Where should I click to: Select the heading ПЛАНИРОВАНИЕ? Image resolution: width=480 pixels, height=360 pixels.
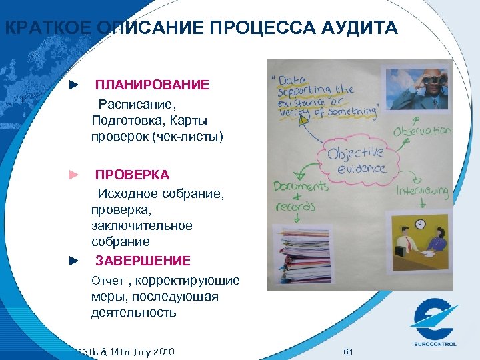152,85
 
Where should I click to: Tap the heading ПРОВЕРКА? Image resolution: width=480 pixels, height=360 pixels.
132,175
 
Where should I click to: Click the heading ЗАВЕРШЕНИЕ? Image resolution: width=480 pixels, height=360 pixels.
143,261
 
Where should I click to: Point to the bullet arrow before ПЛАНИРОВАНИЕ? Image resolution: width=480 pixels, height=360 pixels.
75,85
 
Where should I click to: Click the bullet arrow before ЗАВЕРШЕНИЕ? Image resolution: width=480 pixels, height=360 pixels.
75,261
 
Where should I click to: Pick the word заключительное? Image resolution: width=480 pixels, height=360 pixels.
142,226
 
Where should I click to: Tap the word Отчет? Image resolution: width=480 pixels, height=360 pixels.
107,281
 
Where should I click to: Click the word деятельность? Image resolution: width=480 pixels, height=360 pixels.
134,313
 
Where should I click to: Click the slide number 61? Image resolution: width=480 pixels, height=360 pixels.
347,351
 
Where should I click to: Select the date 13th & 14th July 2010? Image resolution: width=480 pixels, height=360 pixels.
126,351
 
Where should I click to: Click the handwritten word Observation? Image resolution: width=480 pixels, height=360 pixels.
422,131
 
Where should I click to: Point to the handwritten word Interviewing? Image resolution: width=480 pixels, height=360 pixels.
423,192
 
